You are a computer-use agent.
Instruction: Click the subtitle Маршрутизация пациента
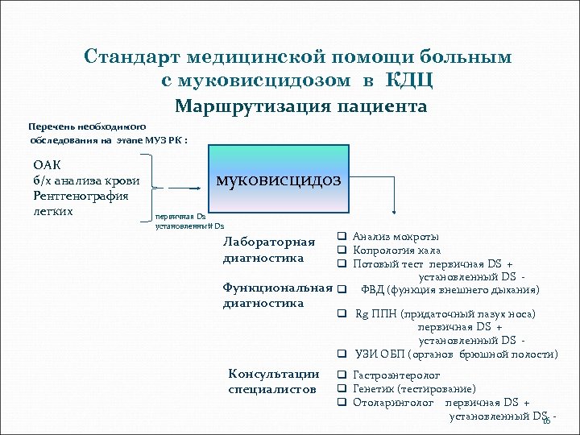click(x=300, y=106)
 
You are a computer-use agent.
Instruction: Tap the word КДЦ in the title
click(x=412, y=80)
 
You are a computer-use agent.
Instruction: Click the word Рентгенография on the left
click(x=81, y=195)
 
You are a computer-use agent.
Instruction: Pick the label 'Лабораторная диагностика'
click(x=269, y=251)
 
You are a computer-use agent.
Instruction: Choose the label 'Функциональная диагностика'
click(x=277, y=295)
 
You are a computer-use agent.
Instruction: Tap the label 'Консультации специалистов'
click(x=274, y=381)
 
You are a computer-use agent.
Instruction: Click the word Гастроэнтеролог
click(x=396, y=375)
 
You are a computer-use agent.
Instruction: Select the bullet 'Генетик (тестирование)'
click(x=414, y=388)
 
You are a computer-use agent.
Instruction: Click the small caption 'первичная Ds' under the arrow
click(x=180, y=217)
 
